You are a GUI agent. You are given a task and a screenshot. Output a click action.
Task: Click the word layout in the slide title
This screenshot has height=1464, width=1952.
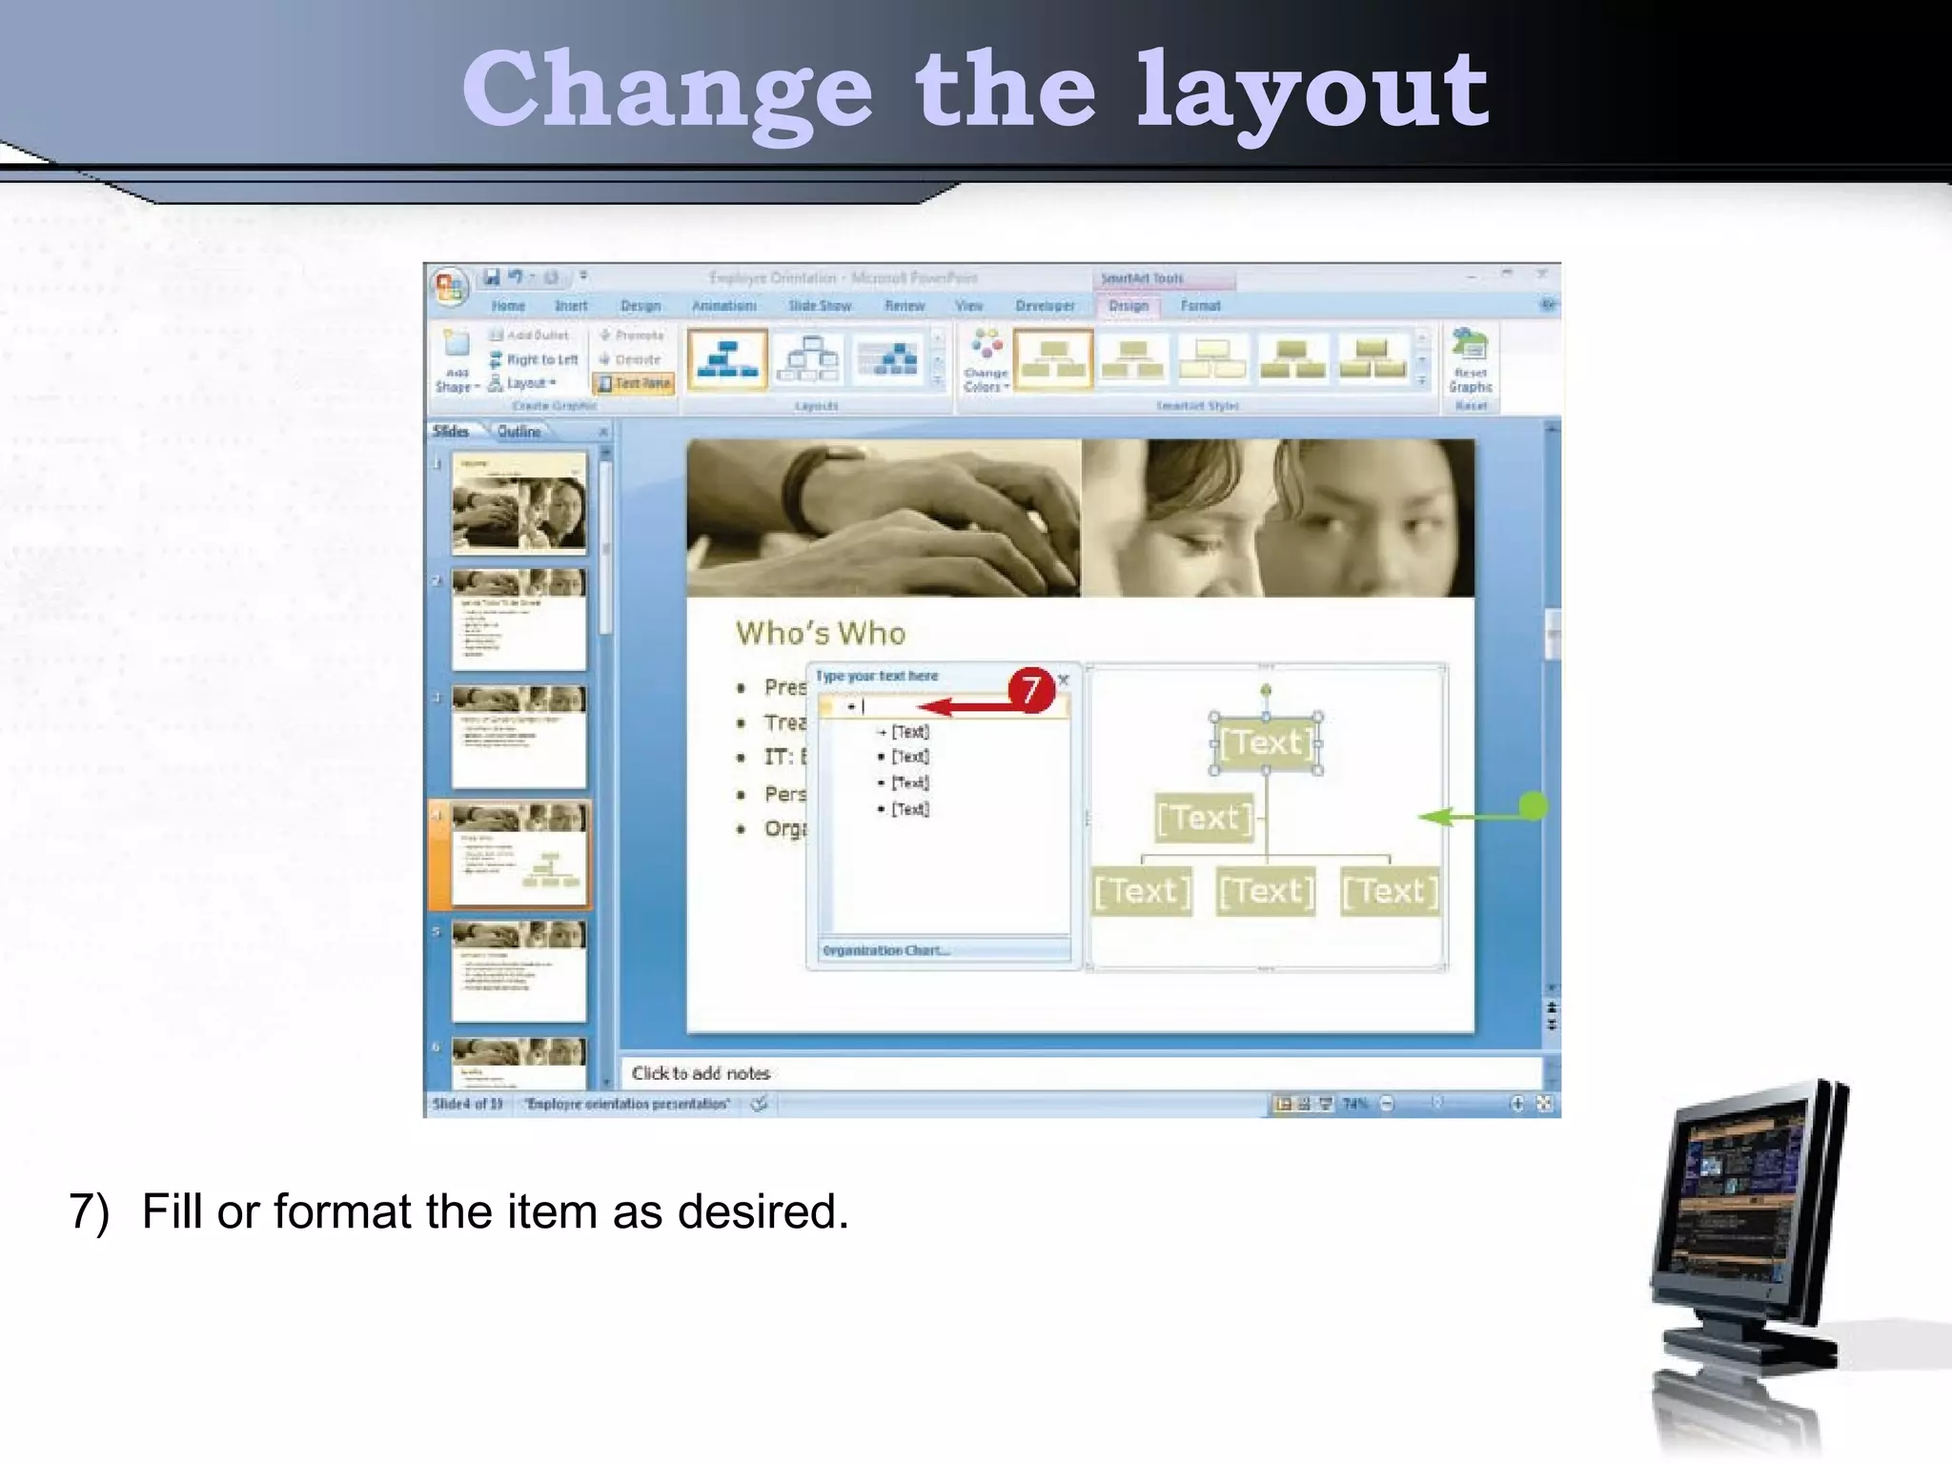1311,91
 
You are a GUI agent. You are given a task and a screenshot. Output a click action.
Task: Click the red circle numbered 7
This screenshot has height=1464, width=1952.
1030,689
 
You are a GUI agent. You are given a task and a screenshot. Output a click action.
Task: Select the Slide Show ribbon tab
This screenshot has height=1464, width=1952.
820,306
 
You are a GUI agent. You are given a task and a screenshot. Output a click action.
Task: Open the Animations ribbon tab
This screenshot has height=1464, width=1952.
724,306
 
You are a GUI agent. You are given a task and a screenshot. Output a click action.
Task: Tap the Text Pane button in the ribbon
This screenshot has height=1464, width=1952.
635,383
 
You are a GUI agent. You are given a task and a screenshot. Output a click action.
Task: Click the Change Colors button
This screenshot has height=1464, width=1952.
986,362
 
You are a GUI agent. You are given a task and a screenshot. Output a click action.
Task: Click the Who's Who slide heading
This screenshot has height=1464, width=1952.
821,634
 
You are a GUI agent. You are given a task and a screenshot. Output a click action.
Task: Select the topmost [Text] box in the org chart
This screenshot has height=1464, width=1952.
1266,742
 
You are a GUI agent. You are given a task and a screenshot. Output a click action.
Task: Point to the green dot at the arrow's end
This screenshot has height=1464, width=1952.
1533,806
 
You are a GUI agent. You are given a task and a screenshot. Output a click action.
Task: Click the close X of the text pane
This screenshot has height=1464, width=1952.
1064,680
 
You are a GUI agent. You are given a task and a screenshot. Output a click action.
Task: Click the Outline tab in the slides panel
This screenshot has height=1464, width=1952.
518,432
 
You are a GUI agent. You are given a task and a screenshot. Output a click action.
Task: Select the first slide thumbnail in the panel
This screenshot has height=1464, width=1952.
519,503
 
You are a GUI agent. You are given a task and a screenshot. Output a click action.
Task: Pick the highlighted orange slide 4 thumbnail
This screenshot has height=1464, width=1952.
519,854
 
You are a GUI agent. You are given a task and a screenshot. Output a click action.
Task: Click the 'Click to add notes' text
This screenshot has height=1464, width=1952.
701,1073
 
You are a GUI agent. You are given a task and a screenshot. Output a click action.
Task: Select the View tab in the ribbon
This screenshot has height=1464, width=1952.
968,306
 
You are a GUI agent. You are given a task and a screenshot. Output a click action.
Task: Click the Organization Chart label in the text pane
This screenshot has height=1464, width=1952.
885,950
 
